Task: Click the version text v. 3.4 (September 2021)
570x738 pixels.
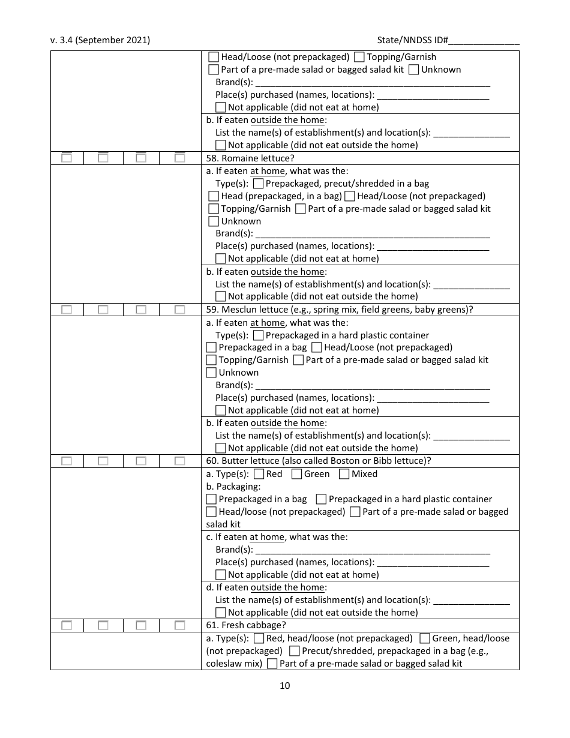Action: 100,40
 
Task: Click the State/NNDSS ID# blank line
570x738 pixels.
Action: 484,41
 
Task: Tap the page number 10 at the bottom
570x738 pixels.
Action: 284,686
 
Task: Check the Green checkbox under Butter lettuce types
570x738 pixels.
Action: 296,474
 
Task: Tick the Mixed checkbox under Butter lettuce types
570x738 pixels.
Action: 344,474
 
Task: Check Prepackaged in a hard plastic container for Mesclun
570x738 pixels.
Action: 258,335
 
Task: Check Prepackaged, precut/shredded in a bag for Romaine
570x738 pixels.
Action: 258,184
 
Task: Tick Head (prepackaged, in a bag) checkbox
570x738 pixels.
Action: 214,196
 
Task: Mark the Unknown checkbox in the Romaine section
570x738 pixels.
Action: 214,221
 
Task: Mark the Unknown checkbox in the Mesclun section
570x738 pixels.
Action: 211,373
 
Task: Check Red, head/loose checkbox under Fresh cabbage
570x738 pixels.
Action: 259,638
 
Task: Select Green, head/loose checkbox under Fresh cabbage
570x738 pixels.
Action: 424,638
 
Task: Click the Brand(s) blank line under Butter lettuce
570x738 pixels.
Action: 372,551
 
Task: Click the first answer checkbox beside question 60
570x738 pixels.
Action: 67,461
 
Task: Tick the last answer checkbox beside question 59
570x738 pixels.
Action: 179,310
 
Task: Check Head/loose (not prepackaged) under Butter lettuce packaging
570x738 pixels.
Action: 211,512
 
